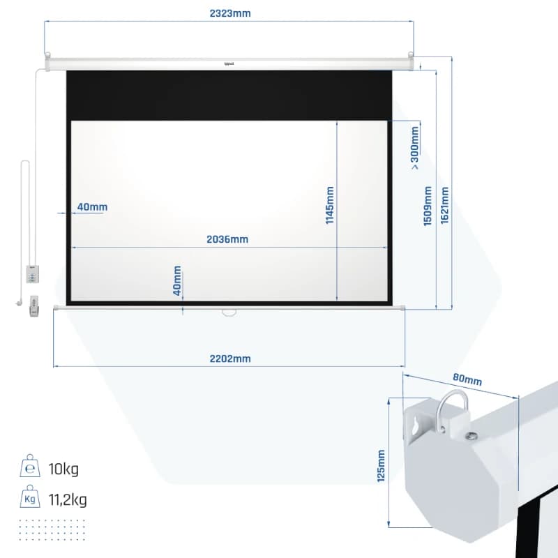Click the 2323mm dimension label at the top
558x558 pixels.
click(230, 13)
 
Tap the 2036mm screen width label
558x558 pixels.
click(227, 239)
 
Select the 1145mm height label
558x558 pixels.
click(330, 205)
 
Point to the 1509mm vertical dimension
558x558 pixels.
click(428, 206)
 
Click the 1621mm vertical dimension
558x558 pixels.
click(444, 205)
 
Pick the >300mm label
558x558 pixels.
click(414, 148)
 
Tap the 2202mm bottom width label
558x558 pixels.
click(230, 359)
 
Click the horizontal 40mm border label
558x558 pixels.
click(92, 206)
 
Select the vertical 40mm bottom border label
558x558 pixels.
click(177, 281)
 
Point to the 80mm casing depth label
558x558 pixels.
click(467, 379)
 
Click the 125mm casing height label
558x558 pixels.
click(381, 466)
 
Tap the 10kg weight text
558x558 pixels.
click(63, 469)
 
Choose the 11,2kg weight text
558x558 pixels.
click(68, 499)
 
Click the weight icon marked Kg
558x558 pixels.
click(30, 496)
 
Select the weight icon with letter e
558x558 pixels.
click(30, 465)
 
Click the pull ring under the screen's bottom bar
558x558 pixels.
click(229, 313)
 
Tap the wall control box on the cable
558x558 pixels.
click(32, 274)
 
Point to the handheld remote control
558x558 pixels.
click(34, 306)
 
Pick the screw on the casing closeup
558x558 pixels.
click(472, 435)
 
